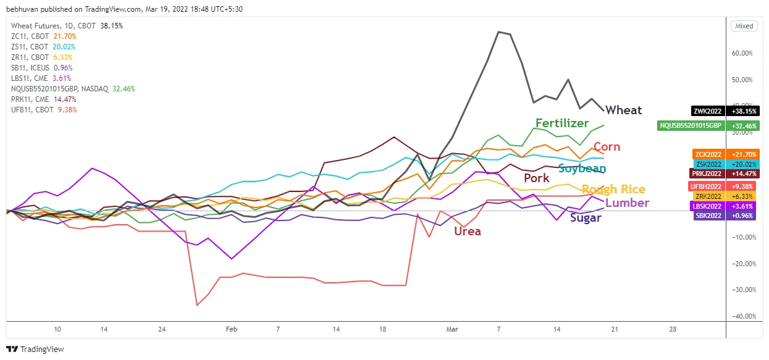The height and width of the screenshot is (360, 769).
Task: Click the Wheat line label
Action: click(623, 111)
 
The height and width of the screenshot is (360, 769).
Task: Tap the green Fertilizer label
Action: click(562, 123)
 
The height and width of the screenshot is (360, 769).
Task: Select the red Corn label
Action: click(607, 147)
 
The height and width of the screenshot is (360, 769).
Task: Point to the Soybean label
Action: click(582, 169)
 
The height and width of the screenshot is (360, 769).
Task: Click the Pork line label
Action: click(536, 178)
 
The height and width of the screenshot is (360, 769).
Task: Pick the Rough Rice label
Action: click(613, 190)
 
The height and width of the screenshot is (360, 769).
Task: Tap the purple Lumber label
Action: click(627, 203)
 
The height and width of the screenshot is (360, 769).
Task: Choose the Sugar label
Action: click(586, 217)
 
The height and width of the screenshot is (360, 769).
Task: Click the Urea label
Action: click(467, 232)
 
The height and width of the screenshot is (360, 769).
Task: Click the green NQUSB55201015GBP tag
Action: click(690, 125)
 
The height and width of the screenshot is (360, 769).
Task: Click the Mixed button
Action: click(744, 26)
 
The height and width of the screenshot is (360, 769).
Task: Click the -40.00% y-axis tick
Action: click(744, 316)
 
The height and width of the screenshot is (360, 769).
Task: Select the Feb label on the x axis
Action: click(231, 330)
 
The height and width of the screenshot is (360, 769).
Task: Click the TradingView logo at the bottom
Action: click(35, 349)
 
